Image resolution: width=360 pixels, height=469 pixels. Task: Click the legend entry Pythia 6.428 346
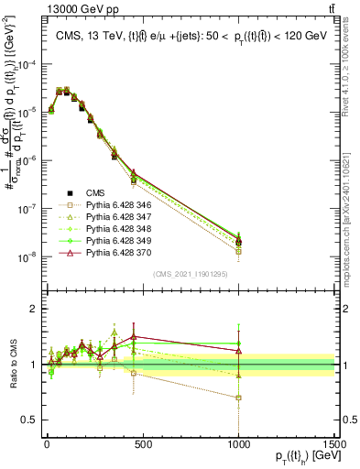(112, 206)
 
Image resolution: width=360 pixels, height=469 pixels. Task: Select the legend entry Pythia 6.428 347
(112, 217)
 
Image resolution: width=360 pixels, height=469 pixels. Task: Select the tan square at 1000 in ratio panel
(238, 398)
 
